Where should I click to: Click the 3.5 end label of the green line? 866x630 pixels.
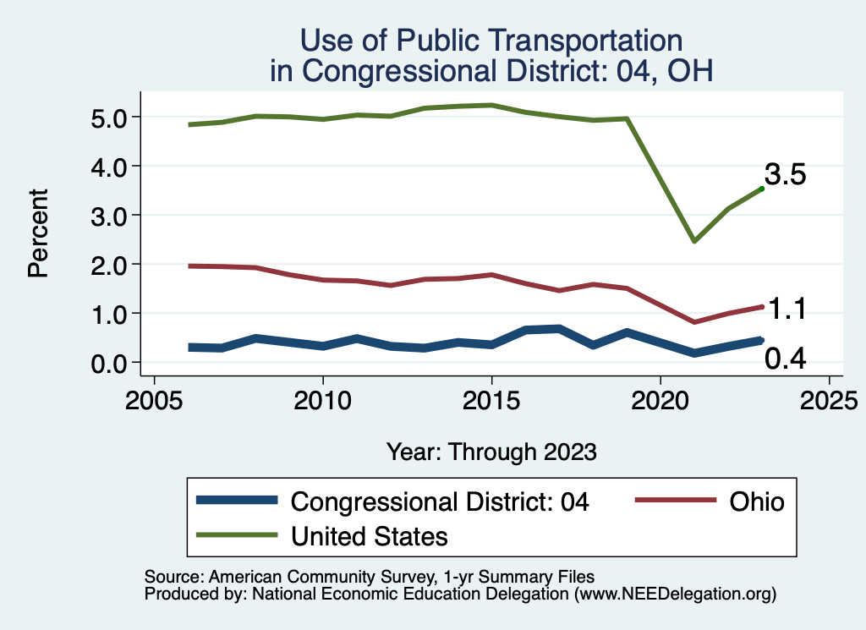[x=785, y=175]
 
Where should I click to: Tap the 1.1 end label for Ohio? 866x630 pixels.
[x=785, y=310]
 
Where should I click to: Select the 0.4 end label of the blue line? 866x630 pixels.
[x=785, y=359]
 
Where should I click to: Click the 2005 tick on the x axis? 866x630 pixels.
[x=154, y=398]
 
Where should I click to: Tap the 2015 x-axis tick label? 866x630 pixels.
[x=491, y=398]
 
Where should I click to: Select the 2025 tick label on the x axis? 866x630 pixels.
[x=829, y=398]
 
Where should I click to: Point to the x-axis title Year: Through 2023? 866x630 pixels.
[x=491, y=452]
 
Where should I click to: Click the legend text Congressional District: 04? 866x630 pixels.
[x=439, y=501]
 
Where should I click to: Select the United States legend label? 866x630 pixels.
[x=369, y=535]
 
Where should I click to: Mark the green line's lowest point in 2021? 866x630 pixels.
[x=694, y=241]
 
